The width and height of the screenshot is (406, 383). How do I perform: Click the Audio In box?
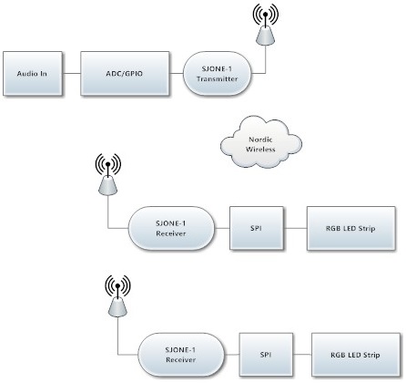click(33, 74)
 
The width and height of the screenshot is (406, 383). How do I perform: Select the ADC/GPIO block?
click(125, 74)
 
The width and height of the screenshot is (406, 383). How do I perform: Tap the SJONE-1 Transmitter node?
click(218, 74)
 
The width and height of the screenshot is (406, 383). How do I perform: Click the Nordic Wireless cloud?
click(261, 144)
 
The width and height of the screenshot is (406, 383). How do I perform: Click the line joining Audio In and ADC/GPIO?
click(71, 73)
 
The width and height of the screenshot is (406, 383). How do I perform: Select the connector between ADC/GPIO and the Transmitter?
click(177, 73)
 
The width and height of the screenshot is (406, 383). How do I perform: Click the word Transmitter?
click(217, 78)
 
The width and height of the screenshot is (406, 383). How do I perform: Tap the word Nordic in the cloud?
click(260, 140)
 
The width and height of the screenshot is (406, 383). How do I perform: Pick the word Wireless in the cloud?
click(260, 150)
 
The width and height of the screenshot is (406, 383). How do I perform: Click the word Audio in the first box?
click(25, 74)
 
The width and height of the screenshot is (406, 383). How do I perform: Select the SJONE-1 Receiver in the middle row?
click(171, 228)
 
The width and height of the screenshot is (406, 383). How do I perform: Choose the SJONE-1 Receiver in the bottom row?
click(181, 355)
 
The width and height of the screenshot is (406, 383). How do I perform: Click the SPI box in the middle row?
click(257, 228)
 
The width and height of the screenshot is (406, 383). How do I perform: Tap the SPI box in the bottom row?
click(266, 355)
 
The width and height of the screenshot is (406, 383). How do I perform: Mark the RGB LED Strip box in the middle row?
click(351, 228)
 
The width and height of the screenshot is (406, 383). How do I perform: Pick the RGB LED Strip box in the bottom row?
click(356, 355)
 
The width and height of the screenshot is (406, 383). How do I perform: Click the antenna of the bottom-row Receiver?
click(117, 295)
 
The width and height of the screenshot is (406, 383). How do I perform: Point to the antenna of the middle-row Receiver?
click(108, 174)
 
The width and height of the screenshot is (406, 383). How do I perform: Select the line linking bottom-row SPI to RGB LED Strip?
click(302, 355)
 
